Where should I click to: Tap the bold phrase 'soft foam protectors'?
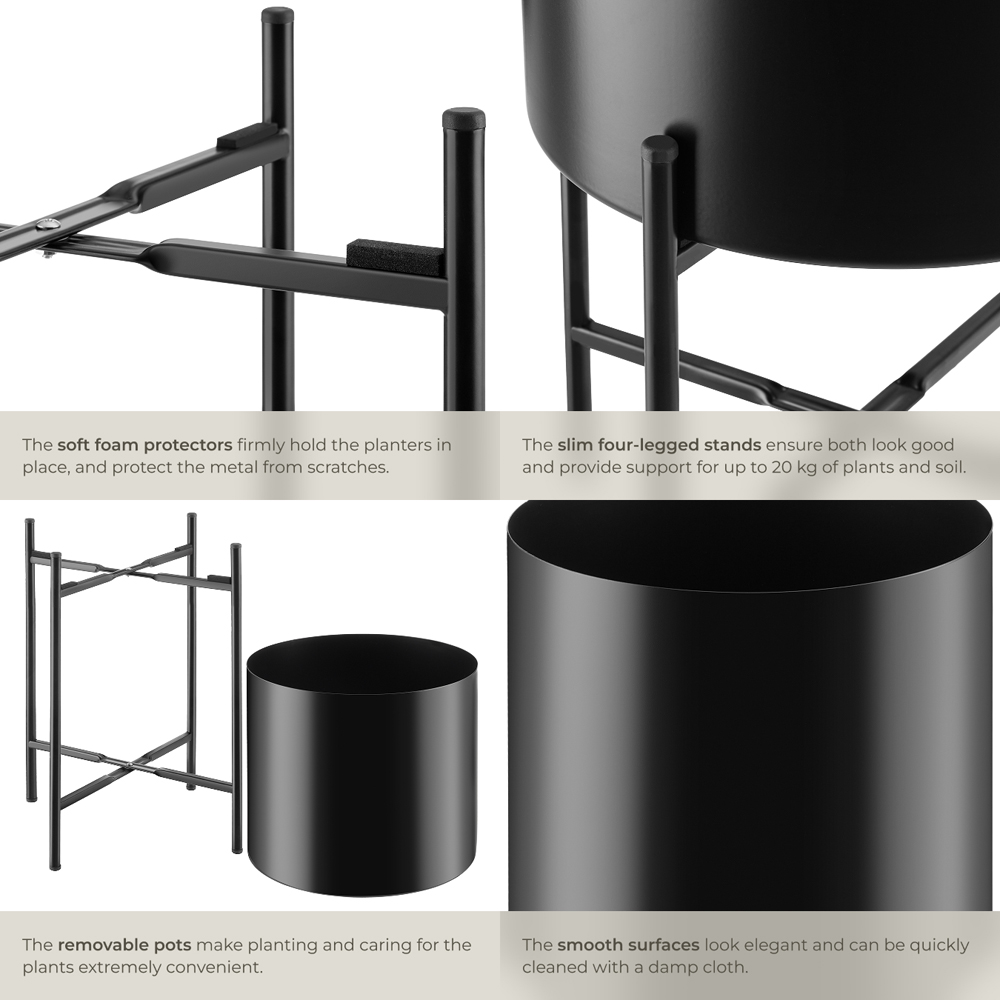click(145, 445)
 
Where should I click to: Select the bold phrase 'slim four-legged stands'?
click(659, 445)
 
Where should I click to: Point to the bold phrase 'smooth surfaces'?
click(628, 944)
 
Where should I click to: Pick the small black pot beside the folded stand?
click(362, 765)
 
